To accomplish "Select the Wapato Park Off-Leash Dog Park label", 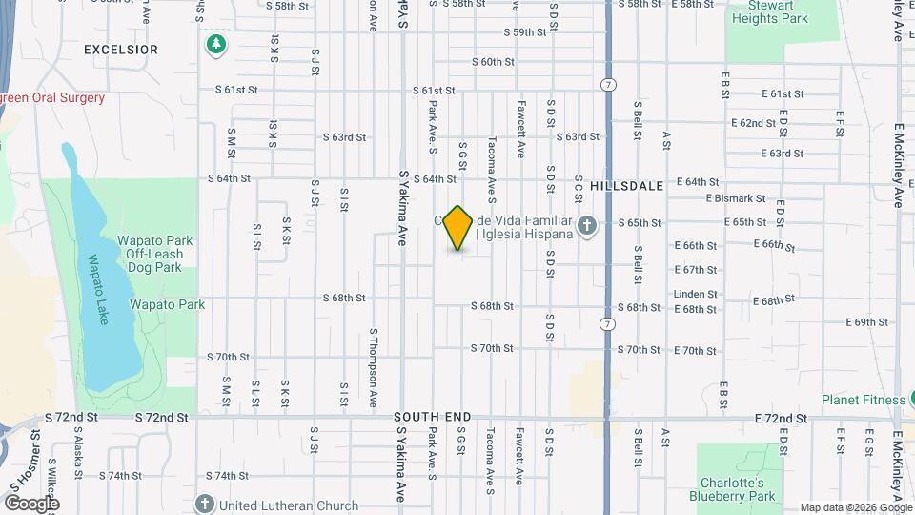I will [154, 255].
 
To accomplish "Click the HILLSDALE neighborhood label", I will [625, 187].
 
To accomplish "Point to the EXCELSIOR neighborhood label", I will [120, 49].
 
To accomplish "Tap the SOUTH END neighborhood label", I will [433, 418].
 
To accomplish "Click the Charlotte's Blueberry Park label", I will [733, 488].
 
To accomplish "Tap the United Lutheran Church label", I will [289, 505].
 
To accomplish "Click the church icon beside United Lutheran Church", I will [204, 504].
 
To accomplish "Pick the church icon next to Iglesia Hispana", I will [588, 226].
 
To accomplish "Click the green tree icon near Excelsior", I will [217, 44].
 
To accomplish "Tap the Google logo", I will [31, 503].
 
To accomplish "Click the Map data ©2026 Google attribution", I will [855, 507].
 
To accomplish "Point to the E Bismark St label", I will [736, 198].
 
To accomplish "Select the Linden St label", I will [694, 295].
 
